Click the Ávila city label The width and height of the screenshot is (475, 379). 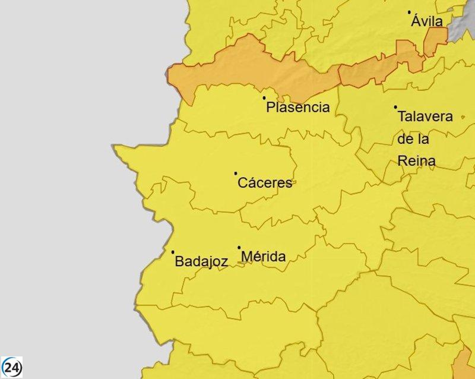point(427,21)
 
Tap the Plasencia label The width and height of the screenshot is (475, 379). point(297,108)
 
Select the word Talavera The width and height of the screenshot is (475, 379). point(425,116)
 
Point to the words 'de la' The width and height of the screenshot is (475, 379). point(414,139)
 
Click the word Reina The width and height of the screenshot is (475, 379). point(416,161)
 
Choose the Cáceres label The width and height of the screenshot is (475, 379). point(265,182)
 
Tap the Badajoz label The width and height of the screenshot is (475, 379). point(201,262)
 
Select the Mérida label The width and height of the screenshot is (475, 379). point(264,257)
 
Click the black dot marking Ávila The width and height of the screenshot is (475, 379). point(409,12)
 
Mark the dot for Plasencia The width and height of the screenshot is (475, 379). point(264,98)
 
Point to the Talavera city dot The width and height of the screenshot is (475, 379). point(395,108)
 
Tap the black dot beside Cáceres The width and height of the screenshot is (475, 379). point(236,173)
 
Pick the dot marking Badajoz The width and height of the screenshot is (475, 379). point(173,252)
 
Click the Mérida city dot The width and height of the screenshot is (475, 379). point(239,248)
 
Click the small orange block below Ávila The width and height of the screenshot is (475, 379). point(435,42)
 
